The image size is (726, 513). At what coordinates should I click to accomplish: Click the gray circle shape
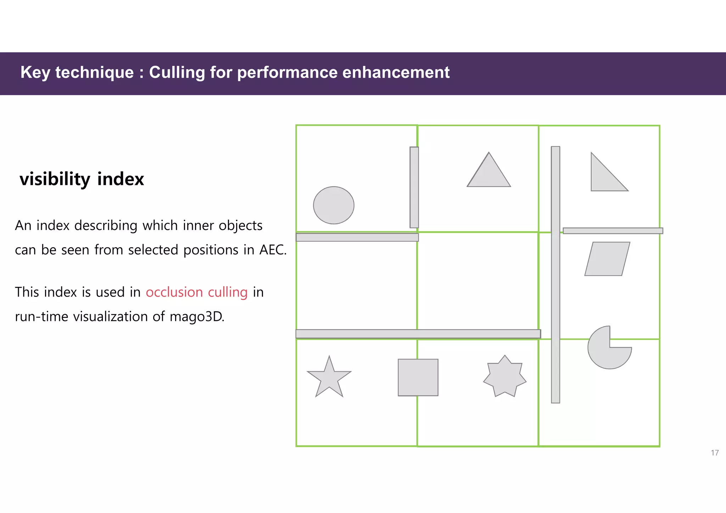[x=334, y=205]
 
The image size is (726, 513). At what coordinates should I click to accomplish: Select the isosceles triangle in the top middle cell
[x=489, y=174]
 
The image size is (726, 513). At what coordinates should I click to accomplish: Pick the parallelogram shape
[x=607, y=259]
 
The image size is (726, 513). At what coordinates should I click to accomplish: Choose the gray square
[x=418, y=377]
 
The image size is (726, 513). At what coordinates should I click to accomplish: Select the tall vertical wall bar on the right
[x=555, y=275]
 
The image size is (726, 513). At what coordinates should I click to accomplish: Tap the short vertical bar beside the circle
[x=414, y=187]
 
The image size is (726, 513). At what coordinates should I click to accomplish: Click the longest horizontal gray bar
[x=418, y=334]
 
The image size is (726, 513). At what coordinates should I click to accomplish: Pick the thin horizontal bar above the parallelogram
[x=613, y=231]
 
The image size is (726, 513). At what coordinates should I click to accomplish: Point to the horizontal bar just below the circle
[x=357, y=237]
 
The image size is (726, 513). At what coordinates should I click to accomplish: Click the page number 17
[x=715, y=453]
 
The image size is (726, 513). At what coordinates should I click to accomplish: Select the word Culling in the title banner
[x=177, y=73]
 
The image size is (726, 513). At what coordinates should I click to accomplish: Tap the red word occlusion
[x=174, y=292]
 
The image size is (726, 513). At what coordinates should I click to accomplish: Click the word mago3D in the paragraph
[x=197, y=317]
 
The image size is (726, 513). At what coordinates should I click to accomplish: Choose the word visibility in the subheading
[x=55, y=179]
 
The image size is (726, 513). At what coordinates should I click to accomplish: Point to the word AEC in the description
[x=273, y=250]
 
